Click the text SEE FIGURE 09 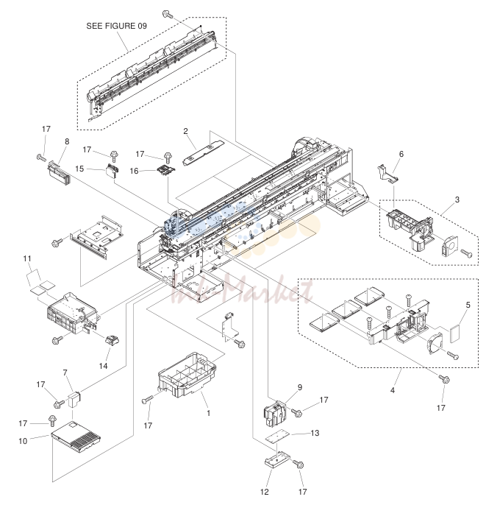pos(116,26)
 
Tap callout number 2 pos(185,131)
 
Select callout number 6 pos(401,154)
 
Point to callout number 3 pos(457,199)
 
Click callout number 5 pos(468,305)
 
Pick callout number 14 pos(103,366)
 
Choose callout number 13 pos(315,433)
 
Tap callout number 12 pos(265,492)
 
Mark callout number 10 pos(23,441)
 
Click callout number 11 pos(27,258)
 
